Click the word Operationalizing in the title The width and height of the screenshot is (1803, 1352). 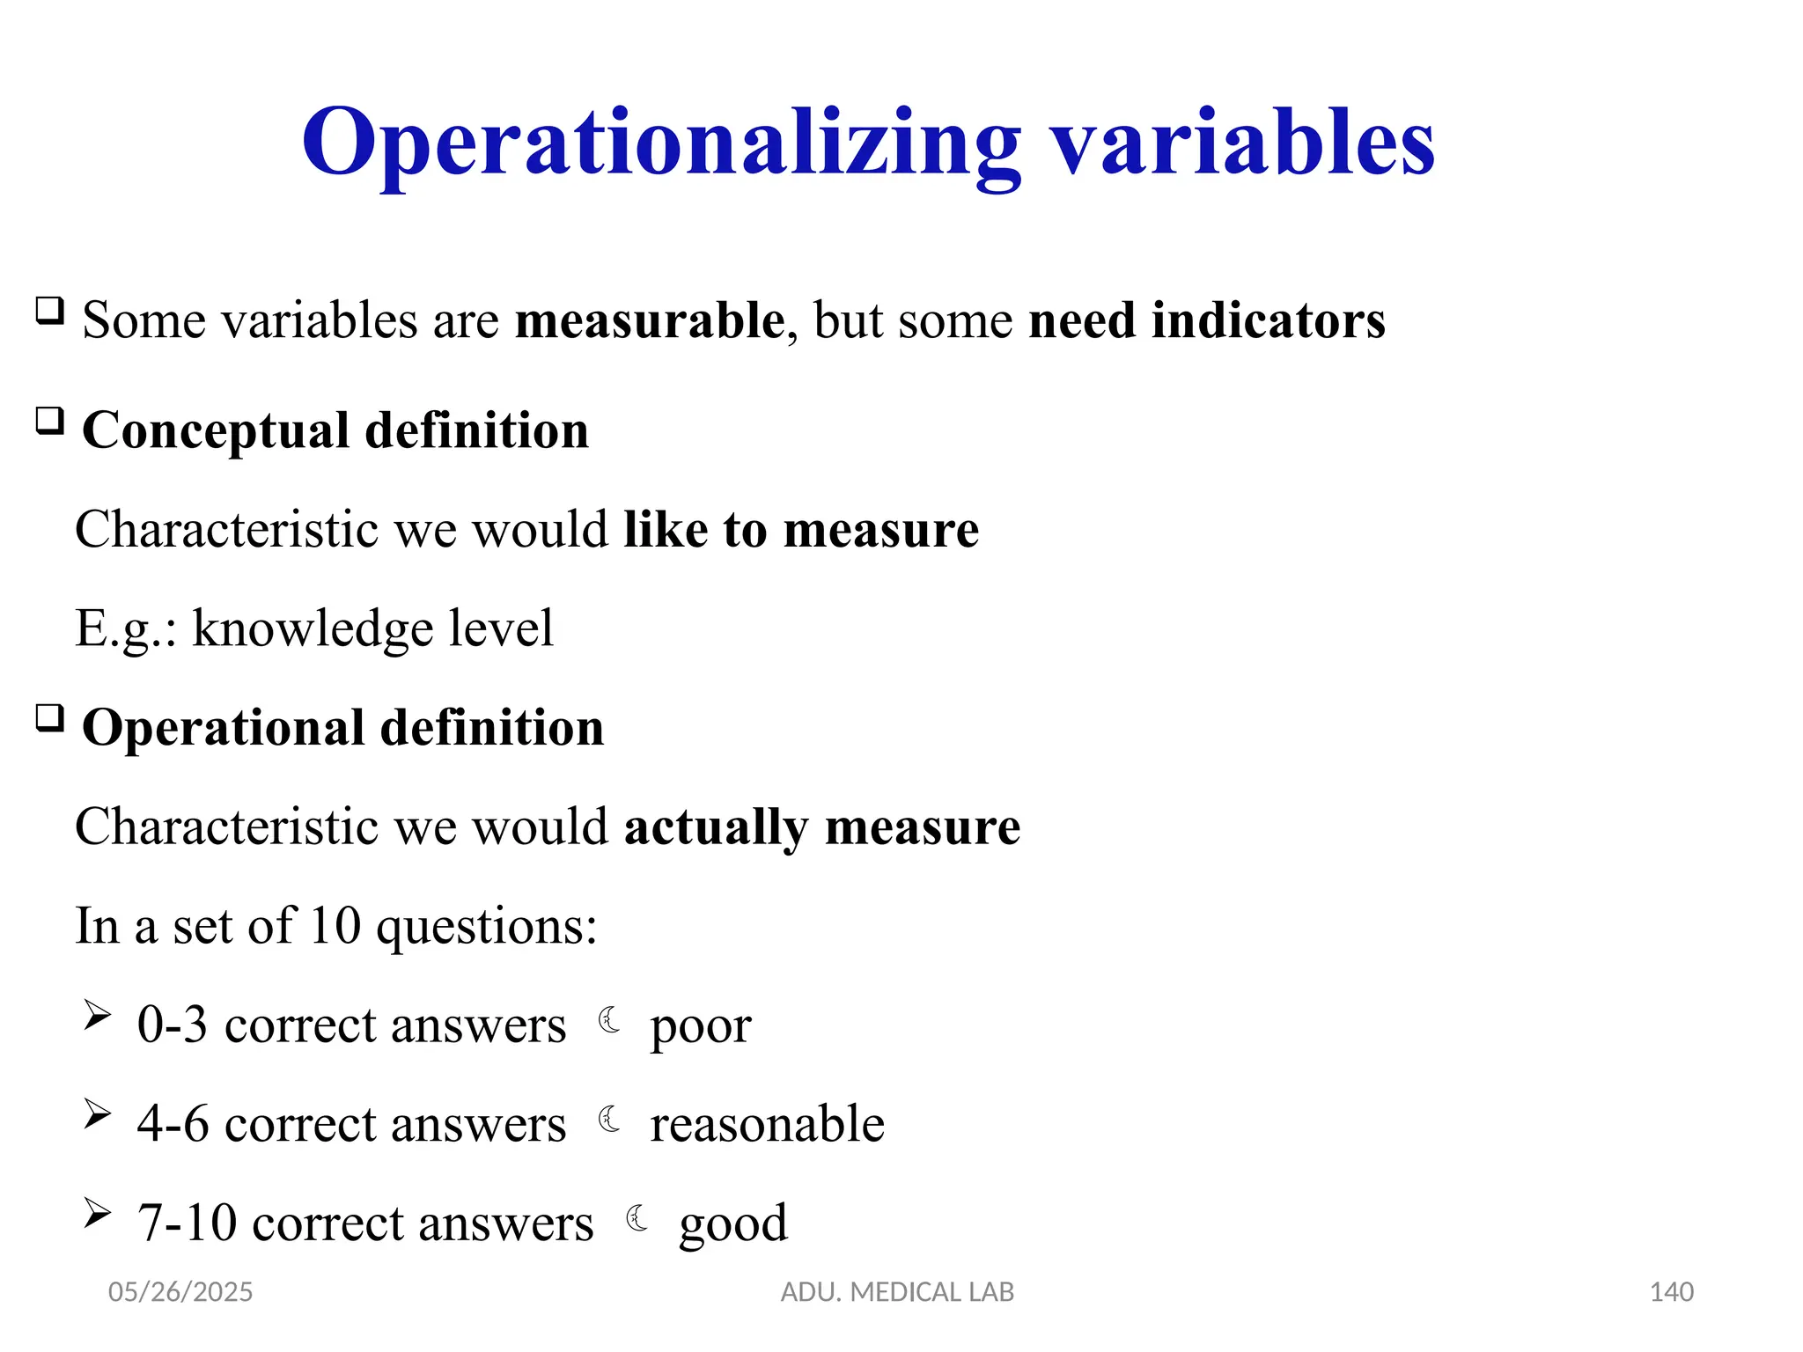(660, 143)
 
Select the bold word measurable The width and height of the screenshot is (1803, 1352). (650, 320)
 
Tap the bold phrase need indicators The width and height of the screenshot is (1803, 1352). (1206, 320)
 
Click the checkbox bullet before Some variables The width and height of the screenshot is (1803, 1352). (49, 311)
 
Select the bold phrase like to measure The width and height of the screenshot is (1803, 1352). (801, 530)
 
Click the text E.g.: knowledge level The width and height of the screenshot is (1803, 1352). (314, 628)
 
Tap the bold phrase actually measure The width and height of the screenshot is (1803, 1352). (821, 827)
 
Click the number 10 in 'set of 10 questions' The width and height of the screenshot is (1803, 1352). (335, 926)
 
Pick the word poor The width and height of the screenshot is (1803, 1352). (700, 1026)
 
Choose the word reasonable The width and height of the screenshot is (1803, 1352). (767, 1125)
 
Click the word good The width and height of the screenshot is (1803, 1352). (732, 1224)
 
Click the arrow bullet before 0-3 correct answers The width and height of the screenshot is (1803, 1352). (97, 1016)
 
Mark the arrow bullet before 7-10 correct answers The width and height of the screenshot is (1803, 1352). (97, 1214)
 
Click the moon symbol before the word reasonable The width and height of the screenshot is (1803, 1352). (609, 1120)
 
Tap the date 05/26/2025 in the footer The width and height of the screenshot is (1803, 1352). (180, 1292)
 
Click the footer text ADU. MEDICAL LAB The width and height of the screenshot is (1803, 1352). (897, 1292)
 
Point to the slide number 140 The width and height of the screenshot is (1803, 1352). (1671, 1292)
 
